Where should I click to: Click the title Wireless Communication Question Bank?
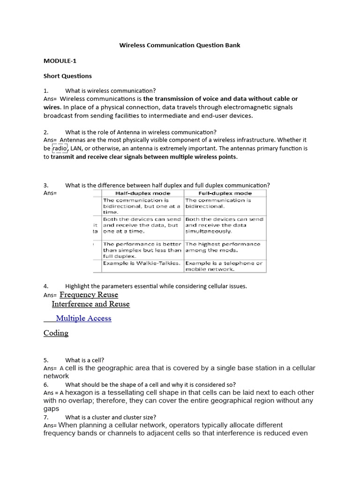pos(180,45)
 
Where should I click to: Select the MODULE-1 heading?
pos(60,61)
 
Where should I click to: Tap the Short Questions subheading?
pos(67,76)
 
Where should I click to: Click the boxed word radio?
pos(60,148)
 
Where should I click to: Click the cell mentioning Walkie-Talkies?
pos(142,263)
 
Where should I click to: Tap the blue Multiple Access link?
pos(83,318)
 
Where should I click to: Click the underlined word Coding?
pos(56,333)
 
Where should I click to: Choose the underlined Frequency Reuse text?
pos(89,295)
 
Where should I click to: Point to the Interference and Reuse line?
pos(90,304)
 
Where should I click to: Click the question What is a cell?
pos(85,360)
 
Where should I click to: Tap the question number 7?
pos(46,417)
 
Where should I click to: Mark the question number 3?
pos(46,185)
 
